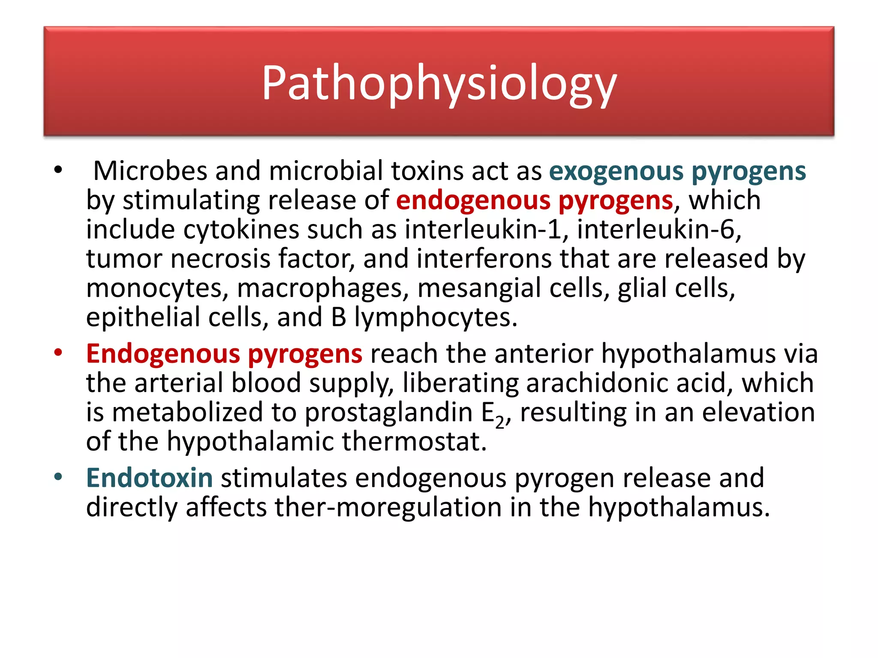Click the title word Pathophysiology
[x=439, y=83]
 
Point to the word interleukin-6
[x=659, y=230]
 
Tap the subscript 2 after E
[x=500, y=423]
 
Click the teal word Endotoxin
[x=150, y=478]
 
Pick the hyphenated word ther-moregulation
[x=388, y=507]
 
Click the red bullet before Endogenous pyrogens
[x=58, y=353]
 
